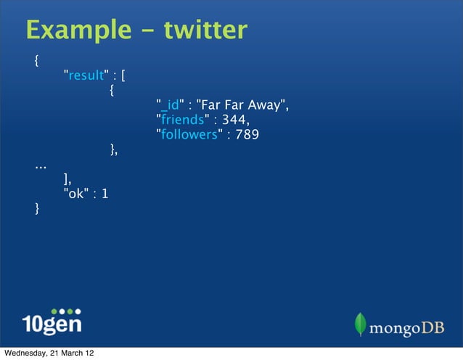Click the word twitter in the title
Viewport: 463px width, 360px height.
coord(205,30)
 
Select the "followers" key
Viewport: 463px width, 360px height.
coord(189,135)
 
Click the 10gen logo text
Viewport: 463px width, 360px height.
coord(52,322)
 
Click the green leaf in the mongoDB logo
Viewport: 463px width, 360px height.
coord(359,324)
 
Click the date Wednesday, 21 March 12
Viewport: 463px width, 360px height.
coord(48,353)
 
